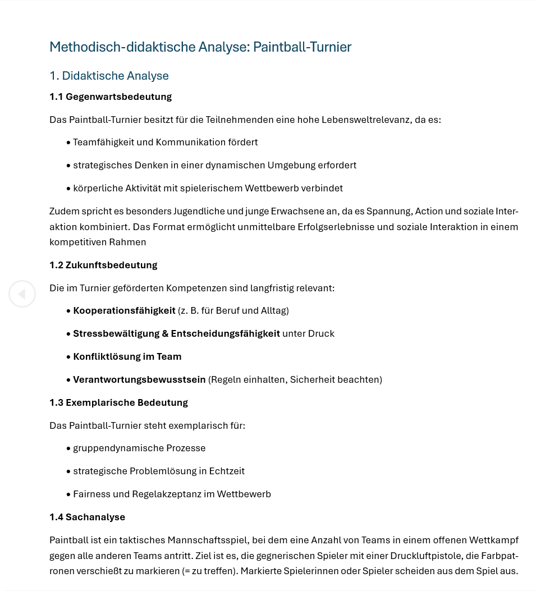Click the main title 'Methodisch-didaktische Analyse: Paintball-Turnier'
[200, 47]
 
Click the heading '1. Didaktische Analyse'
[109, 76]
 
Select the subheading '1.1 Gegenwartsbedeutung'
[111, 97]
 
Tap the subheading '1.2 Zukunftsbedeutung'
[103, 265]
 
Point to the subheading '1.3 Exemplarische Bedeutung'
[118, 402]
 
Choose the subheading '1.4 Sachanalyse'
[87, 517]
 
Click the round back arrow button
[22, 294]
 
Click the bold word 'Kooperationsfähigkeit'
[124, 310]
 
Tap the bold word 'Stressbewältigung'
[116, 333]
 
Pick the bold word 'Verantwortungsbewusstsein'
[139, 379]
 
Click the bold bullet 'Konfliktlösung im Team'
[127, 356]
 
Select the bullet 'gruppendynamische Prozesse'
[139, 448]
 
